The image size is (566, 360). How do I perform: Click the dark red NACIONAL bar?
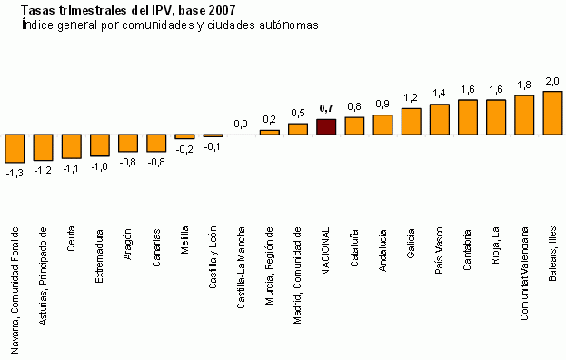tap(326, 126)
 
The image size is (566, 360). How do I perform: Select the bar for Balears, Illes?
tap(552, 113)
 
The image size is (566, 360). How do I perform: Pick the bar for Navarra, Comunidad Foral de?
tap(15, 148)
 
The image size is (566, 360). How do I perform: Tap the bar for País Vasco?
tap(440, 119)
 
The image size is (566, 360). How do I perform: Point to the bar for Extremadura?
tap(99, 145)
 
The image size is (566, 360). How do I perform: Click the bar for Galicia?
tap(412, 121)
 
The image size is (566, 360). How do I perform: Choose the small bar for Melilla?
tap(184, 136)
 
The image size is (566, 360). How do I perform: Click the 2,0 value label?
tap(552, 82)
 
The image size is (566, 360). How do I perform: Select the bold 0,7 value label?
tap(327, 109)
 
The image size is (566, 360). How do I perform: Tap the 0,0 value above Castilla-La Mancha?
tap(241, 124)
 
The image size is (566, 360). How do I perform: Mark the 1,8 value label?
tap(524, 85)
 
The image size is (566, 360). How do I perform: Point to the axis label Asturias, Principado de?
tap(43, 275)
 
